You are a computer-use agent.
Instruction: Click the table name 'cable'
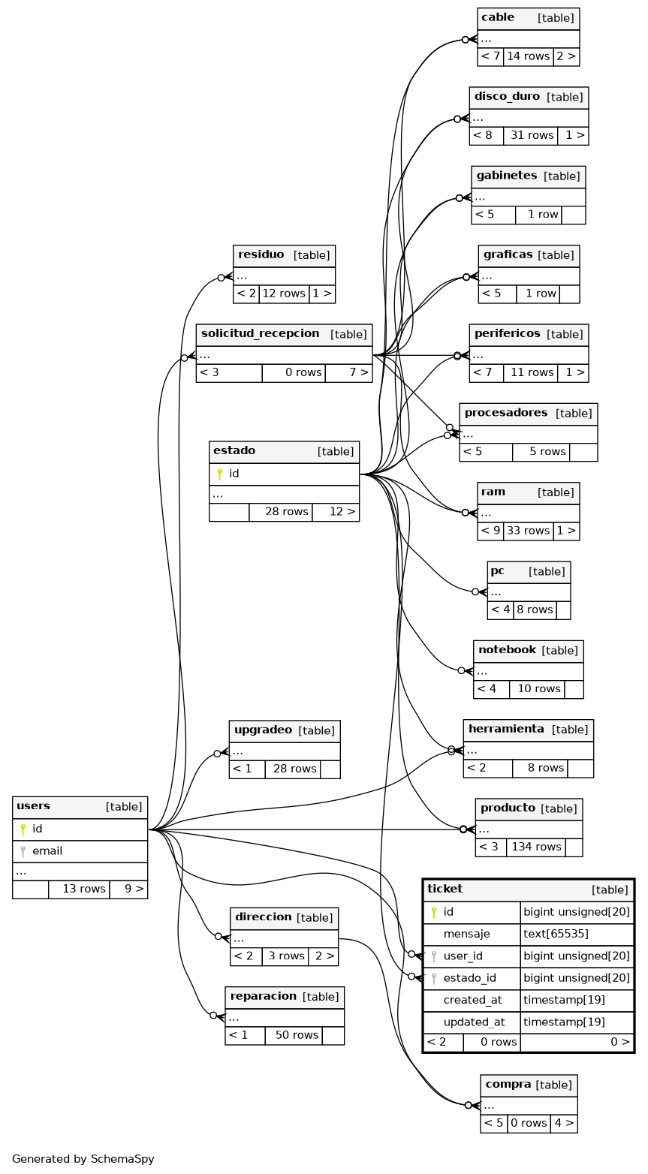498,18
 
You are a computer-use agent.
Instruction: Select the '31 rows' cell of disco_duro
532,135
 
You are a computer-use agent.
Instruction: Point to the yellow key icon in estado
219,474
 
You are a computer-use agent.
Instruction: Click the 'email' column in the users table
47,851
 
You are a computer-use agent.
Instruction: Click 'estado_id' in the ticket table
469,977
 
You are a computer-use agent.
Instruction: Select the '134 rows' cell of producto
536,847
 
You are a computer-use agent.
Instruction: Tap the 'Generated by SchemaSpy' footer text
83,1158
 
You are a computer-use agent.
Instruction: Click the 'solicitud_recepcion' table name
260,333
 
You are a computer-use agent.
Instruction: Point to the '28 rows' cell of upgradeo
294,769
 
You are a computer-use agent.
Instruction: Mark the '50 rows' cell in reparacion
294,1035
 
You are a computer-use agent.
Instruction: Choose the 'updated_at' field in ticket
473,1022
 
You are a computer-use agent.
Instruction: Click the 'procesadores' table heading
506,413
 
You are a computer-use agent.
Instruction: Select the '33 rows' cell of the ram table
528,531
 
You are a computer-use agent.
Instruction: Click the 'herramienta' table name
506,729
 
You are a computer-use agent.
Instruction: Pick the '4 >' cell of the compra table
563,1123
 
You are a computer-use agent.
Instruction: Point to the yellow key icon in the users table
23,829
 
